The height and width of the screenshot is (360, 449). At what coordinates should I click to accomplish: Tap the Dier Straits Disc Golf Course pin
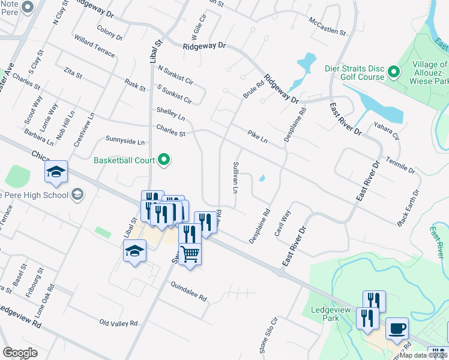click(394, 72)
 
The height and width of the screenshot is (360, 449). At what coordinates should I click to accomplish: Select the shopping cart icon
click(190, 254)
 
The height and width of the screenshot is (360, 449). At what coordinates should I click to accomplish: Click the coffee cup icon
click(397, 329)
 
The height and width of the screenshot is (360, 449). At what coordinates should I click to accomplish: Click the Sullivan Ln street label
click(236, 177)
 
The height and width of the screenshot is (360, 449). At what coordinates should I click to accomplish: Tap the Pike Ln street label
click(257, 137)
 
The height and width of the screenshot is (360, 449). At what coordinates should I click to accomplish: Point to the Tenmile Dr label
click(400, 165)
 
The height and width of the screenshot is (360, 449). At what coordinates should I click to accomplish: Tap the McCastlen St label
click(328, 26)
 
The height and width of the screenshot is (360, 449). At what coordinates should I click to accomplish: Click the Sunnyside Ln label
click(125, 142)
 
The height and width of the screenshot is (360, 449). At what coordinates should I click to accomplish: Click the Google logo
click(20, 353)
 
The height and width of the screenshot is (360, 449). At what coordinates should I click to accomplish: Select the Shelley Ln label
click(170, 113)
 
